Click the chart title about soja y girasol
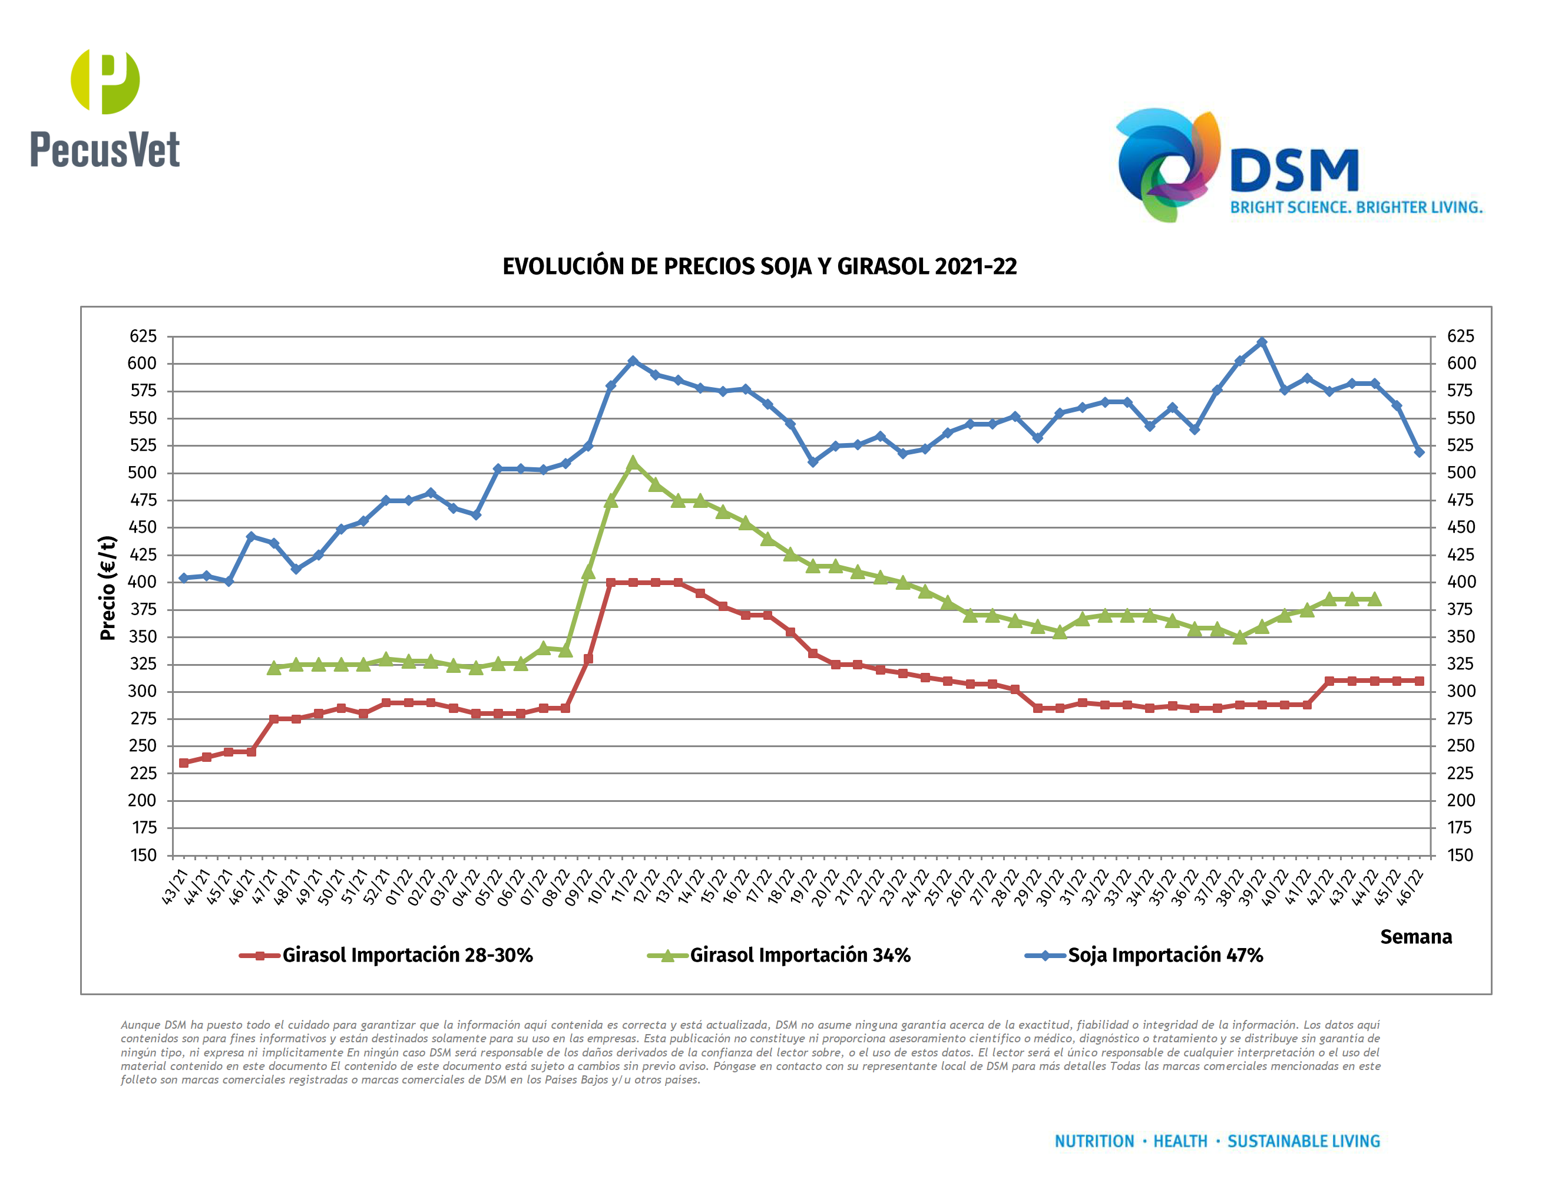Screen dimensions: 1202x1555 [x=759, y=266]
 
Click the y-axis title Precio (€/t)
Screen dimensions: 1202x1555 [x=108, y=588]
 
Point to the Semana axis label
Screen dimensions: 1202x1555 [x=1415, y=936]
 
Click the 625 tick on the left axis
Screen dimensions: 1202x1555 [x=143, y=336]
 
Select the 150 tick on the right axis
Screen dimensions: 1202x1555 [x=1460, y=855]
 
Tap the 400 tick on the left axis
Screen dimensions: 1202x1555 [x=143, y=582]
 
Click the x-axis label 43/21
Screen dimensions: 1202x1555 [x=175, y=887]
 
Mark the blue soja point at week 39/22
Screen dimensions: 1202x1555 [x=1262, y=342]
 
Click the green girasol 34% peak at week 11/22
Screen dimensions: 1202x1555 [x=633, y=464]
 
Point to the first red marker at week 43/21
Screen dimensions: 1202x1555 [x=184, y=762]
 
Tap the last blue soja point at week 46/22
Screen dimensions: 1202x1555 [x=1419, y=452]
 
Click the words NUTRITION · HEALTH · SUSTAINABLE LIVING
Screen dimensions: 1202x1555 [x=1217, y=1141]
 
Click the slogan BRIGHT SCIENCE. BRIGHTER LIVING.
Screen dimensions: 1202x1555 [x=1357, y=207]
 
